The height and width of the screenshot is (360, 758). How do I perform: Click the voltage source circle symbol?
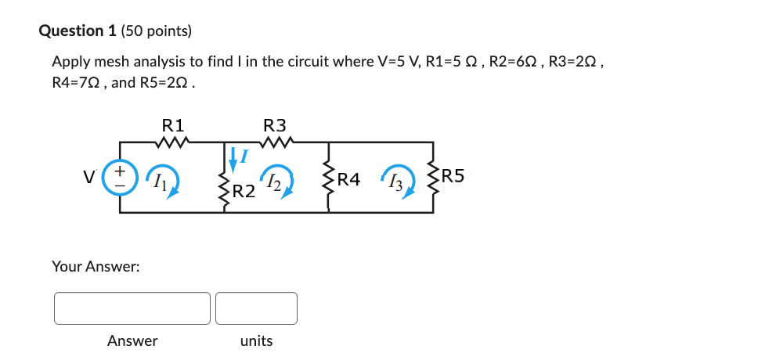[x=120, y=177]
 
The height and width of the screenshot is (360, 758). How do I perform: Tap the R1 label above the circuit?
[x=172, y=124]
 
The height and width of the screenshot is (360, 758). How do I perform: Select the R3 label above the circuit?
[x=275, y=124]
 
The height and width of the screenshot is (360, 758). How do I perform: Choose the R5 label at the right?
[x=453, y=176]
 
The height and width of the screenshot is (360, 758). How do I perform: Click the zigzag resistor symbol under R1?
[x=172, y=142]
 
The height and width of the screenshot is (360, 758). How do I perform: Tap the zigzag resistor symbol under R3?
[x=275, y=142]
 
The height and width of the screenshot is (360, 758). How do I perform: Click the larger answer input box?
[x=132, y=308]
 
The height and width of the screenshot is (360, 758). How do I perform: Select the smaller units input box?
[x=256, y=308]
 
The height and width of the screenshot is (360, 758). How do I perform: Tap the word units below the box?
[x=256, y=341]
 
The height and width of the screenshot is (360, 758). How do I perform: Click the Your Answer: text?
[x=96, y=267]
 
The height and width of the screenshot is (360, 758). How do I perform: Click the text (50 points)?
[x=161, y=31]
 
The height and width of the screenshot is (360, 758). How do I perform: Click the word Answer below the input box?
[x=132, y=341]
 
